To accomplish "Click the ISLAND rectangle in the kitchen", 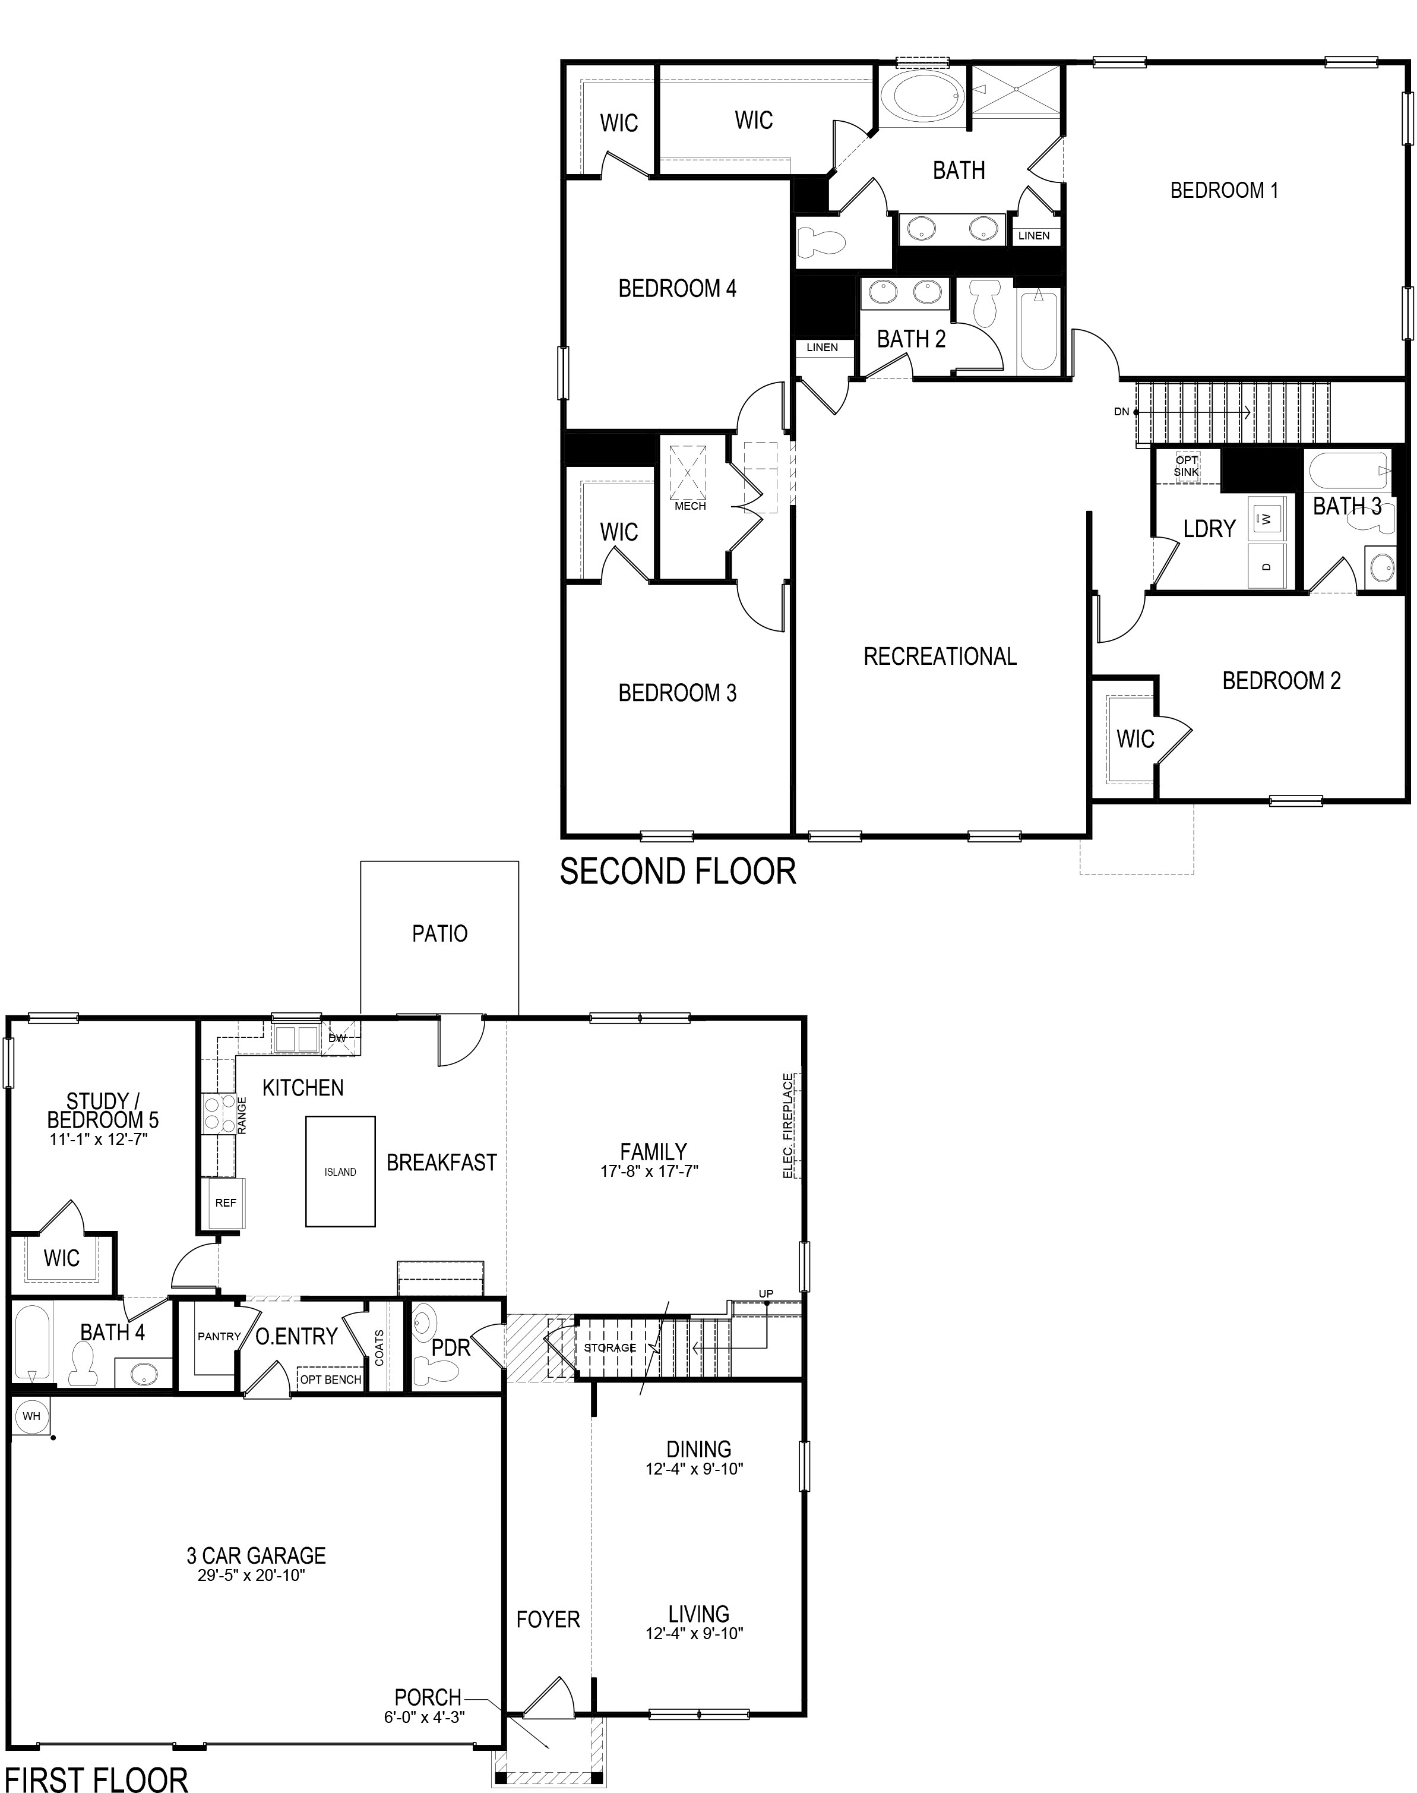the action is coord(340,1172).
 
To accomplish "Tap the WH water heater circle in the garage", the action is coord(31,1416).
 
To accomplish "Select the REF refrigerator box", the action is coord(226,1203).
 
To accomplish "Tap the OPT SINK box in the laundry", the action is coord(1187,466).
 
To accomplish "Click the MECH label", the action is coord(690,506).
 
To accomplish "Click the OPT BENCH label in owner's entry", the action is coord(330,1380).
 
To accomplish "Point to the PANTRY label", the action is coord(219,1337).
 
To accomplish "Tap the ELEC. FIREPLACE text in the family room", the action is coord(788,1126).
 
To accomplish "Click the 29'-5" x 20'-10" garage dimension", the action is coord(251,1576).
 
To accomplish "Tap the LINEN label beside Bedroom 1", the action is coord(1034,236).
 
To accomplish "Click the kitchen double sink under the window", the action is coord(296,1039).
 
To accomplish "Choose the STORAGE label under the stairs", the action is coord(610,1347).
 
